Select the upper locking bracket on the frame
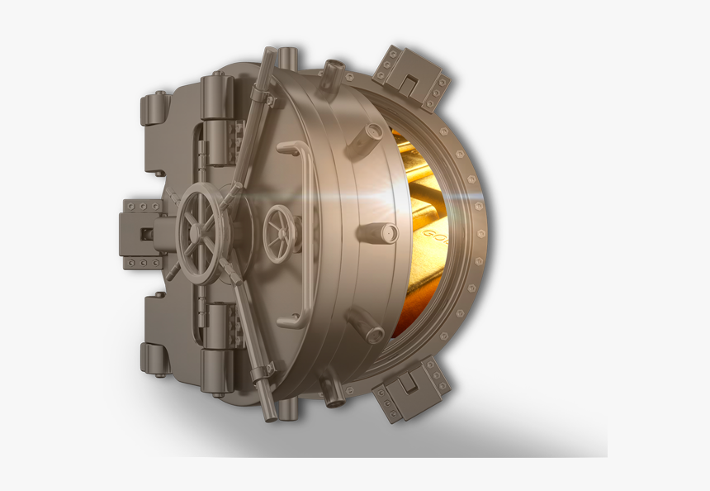(410, 77)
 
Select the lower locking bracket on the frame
(410, 389)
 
